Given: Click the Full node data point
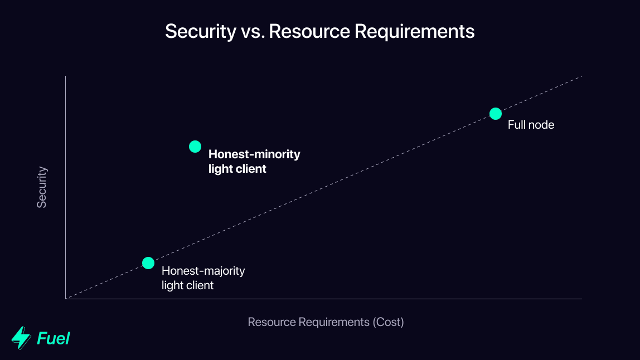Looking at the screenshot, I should (x=496, y=114).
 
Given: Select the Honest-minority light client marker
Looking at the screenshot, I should (x=195, y=147).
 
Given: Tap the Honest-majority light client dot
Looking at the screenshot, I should (x=148, y=263).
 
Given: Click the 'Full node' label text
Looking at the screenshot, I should (x=531, y=125).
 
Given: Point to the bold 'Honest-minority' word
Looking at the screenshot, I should (x=254, y=154).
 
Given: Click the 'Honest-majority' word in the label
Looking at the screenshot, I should (x=203, y=271).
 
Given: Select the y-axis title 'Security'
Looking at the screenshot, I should (x=42, y=187).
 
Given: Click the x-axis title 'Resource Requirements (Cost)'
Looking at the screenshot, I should (x=326, y=322).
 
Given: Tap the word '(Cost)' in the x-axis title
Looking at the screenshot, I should (x=389, y=322).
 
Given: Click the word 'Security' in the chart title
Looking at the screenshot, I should (x=201, y=32).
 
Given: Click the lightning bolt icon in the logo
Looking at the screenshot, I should (x=21, y=338).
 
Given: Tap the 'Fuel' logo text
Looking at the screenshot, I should (x=53, y=338).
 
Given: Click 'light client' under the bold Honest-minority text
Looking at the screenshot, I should (x=237, y=169).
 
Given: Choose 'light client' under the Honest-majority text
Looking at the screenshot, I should (x=187, y=285).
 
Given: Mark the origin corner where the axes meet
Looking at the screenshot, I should (x=66, y=299).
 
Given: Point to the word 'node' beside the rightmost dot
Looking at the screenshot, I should (x=542, y=125).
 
